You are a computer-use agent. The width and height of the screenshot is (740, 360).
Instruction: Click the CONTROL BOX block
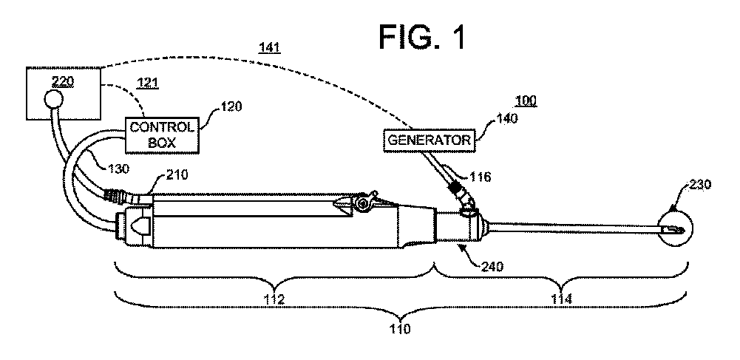(x=162, y=134)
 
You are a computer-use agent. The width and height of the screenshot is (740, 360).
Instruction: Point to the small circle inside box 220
(x=53, y=99)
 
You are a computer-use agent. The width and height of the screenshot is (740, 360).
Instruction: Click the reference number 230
(x=700, y=185)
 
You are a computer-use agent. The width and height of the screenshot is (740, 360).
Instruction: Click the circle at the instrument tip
(x=672, y=230)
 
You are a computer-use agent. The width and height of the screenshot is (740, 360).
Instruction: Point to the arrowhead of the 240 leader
(x=461, y=248)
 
